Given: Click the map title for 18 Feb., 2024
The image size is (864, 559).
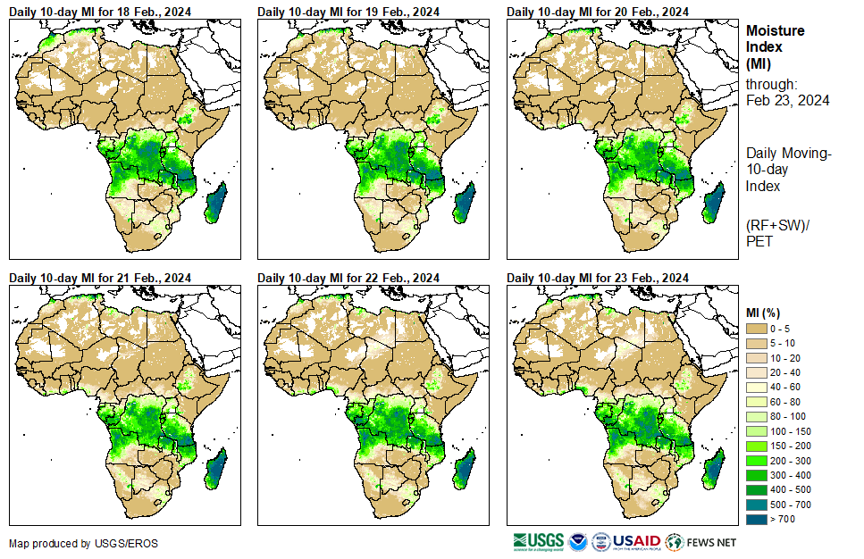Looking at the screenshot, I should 100,11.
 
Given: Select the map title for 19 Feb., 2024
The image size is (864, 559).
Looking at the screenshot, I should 348,11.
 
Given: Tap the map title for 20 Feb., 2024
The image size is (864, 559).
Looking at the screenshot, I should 598,11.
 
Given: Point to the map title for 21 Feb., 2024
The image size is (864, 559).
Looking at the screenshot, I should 100,278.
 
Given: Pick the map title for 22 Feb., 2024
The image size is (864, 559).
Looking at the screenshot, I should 348,278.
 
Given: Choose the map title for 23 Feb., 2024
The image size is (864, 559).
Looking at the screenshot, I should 598,278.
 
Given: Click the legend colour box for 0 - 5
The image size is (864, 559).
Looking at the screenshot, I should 757,330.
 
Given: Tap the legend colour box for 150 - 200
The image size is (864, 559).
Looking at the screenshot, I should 757,446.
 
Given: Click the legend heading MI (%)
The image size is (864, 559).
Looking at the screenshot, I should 766,312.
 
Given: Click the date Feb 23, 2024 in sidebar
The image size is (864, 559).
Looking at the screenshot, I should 787,100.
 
